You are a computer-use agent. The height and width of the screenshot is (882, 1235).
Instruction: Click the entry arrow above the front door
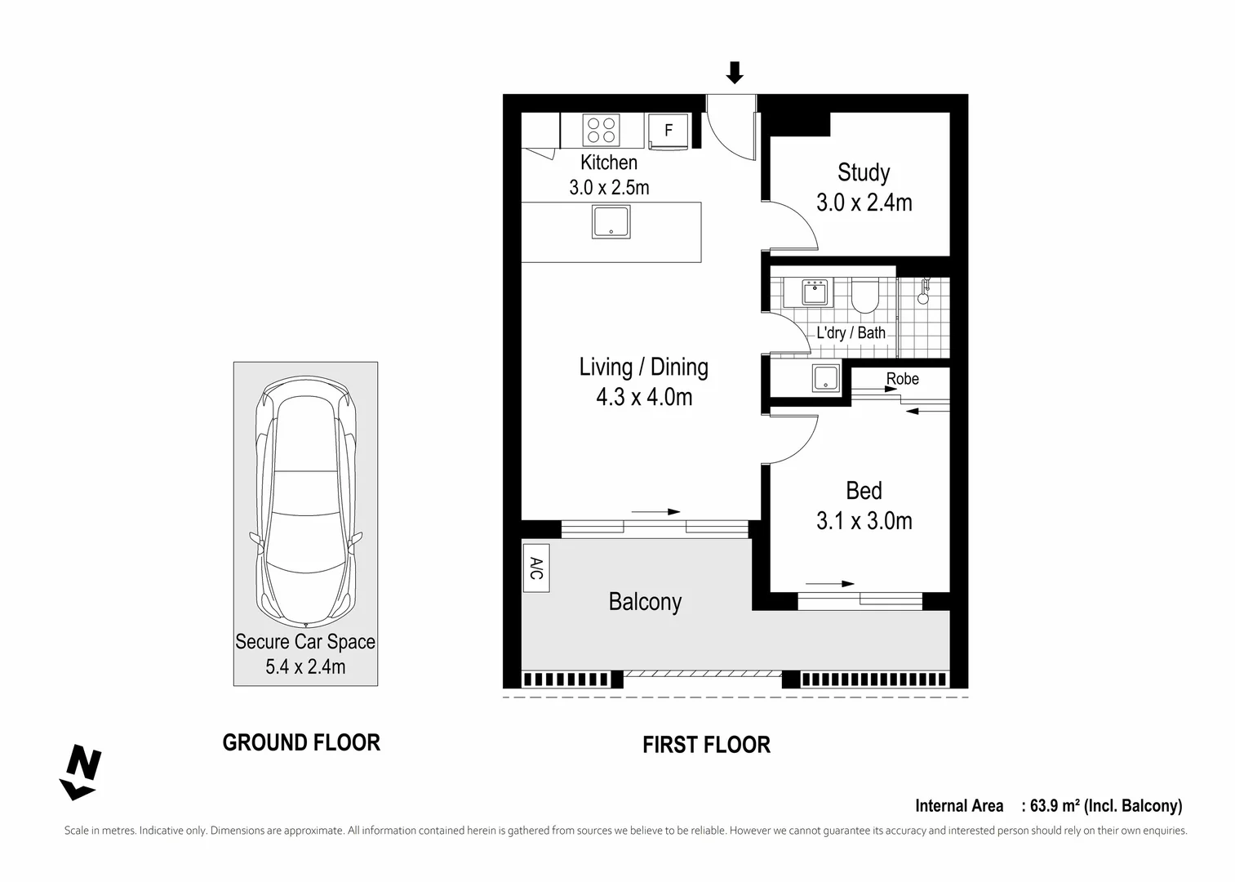pos(735,73)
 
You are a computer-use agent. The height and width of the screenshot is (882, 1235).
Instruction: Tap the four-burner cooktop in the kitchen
pos(602,130)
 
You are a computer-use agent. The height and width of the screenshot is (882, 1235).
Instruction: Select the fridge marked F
pos(669,131)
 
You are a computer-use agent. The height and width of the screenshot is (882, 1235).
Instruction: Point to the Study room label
pos(864,172)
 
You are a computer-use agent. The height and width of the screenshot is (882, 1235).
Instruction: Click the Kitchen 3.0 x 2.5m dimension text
pos(609,188)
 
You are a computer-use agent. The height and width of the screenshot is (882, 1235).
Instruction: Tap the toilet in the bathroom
pos(864,296)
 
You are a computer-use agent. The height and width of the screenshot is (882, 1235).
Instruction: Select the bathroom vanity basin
pos(815,292)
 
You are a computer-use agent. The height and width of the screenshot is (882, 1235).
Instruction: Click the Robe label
pos(902,379)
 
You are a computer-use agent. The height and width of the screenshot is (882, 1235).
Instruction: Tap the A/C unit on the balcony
pos(535,568)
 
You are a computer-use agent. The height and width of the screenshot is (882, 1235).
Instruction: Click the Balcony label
pos(645,602)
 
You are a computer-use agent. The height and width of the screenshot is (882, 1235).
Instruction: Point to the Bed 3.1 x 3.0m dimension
pos(864,521)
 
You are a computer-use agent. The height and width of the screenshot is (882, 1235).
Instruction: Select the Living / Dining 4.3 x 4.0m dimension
pos(644,398)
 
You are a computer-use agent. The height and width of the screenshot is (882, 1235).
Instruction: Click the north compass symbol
pos(81,772)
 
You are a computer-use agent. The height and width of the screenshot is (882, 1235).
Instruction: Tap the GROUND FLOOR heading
pos(301,742)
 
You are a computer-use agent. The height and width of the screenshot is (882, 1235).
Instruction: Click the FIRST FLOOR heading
pos(706,745)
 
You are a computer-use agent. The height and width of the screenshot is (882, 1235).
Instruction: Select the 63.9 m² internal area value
pos(1055,806)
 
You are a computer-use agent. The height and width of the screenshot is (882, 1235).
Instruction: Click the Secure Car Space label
pos(305,642)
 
